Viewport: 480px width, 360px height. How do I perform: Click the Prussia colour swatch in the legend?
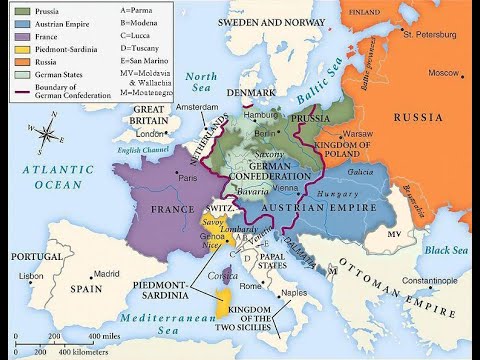(x=21, y=10)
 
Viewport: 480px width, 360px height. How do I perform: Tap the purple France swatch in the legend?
(x=21, y=35)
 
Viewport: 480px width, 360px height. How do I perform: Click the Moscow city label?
(x=444, y=73)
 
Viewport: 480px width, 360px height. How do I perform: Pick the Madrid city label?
(x=79, y=273)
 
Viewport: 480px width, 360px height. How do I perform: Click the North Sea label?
(x=203, y=84)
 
